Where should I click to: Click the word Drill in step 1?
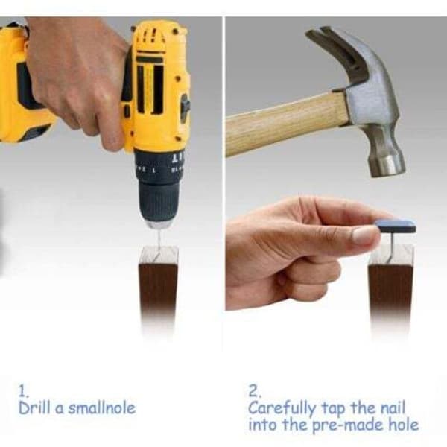click(34, 408)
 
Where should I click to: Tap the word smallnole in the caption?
click(101, 408)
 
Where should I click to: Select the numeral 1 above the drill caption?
click(22, 391)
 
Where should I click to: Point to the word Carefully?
click(282, 409)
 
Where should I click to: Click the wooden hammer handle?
click(286, 124)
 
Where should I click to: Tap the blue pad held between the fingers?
click(396, 225)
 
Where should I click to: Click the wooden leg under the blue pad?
click(390, 288)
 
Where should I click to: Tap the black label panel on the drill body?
click(150, 86)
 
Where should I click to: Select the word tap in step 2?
click(333, 409)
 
